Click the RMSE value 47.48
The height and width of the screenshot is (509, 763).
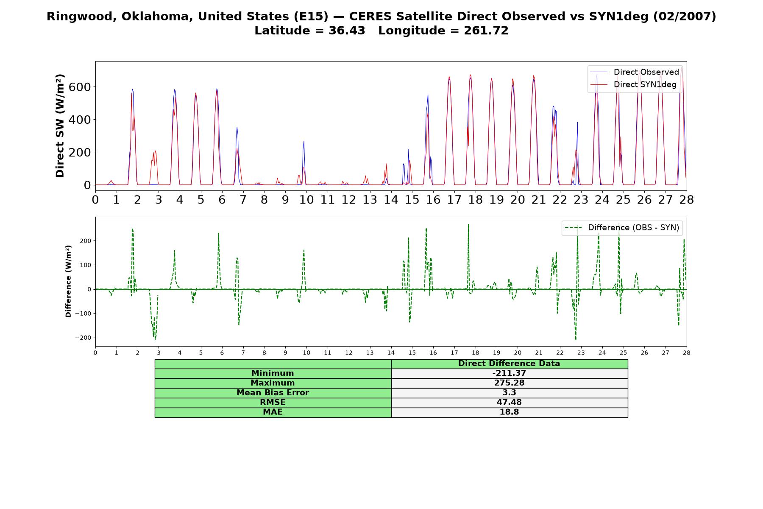[509, 403]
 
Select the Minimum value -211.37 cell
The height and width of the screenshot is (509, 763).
[509, 373]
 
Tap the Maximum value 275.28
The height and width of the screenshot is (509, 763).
[509, 383]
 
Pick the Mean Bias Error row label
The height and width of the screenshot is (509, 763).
[273, 393]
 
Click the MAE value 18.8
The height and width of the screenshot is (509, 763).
[509, 412]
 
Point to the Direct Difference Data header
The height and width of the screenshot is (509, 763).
[509, 364]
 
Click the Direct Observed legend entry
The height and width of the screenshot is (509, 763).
[635, 72]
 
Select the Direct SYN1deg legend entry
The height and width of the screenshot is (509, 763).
[633, 84]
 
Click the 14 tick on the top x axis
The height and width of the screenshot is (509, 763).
[391, 199]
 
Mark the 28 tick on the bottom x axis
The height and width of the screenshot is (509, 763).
[686, 352]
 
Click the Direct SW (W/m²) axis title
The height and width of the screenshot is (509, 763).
[60, 126]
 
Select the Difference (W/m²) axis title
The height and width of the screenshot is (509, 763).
[68, 281]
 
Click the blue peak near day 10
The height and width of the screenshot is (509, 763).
[304, 142]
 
